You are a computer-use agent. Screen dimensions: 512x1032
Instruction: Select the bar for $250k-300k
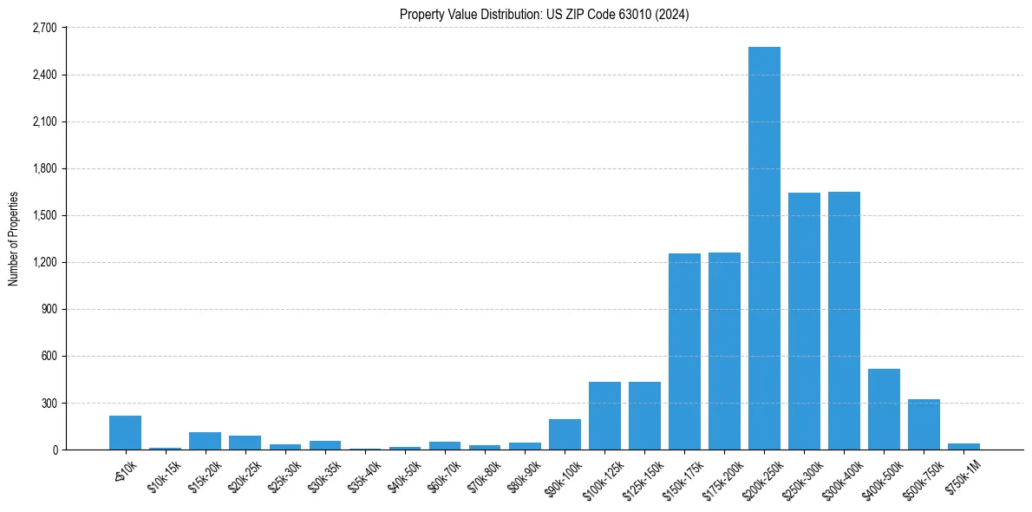tap(804, 321)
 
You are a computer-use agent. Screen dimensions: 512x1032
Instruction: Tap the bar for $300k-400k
tap(844, 320)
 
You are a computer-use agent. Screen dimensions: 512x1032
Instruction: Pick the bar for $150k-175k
tap(684, 351)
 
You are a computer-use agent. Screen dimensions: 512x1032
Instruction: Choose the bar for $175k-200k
tap(724, 351)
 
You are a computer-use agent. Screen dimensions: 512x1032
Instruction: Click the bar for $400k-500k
tap(884, 409)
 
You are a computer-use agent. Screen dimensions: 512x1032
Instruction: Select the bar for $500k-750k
tap(924, 424)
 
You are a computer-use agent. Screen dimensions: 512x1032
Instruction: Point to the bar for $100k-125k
tap(604, 416)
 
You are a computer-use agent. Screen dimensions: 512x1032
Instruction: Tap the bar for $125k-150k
tap(644, 416)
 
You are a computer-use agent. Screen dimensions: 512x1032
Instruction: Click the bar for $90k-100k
tap(565, 434)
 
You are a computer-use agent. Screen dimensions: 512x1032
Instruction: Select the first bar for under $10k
tap(125, 432)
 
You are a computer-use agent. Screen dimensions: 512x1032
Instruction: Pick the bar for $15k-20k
tap(205, 441)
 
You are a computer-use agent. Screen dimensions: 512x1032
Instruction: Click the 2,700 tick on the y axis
tap(43, 28)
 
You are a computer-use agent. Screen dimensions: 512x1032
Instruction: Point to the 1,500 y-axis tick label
tap(43, 215)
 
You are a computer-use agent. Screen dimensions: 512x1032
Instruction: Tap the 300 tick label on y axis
tap(48, 404)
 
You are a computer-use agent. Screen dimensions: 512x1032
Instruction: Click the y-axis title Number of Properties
tap(13, 239)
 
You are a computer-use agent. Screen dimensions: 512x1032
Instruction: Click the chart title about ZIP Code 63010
tap(544, 15)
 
